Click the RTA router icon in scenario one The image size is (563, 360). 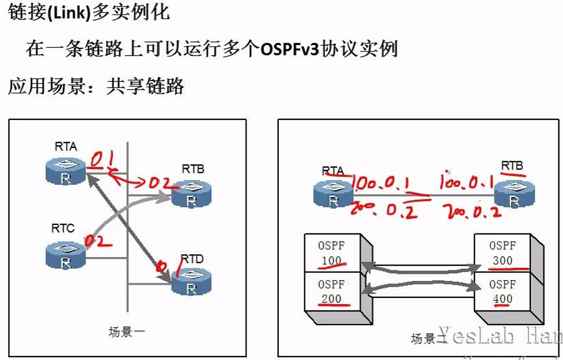point(65,171)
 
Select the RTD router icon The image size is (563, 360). point(190,283)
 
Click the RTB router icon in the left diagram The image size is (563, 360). point(190,194)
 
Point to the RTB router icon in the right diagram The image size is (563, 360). point(514,193)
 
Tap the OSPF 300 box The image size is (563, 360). point(502,253)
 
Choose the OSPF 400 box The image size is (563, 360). point(502,291)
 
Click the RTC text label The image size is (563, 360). point(63,229)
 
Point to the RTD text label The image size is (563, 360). point(191,259)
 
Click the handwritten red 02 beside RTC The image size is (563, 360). point(98,240)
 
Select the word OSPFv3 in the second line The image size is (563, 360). point(290,49)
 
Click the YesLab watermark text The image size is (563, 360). point(491,337)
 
